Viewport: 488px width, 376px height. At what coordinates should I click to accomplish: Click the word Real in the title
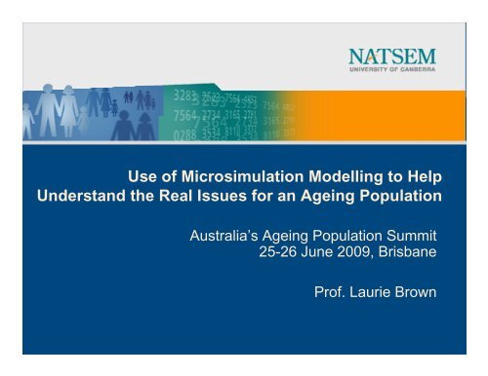coord(162,199)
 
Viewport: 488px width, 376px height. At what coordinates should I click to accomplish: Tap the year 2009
coord(354,255)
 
